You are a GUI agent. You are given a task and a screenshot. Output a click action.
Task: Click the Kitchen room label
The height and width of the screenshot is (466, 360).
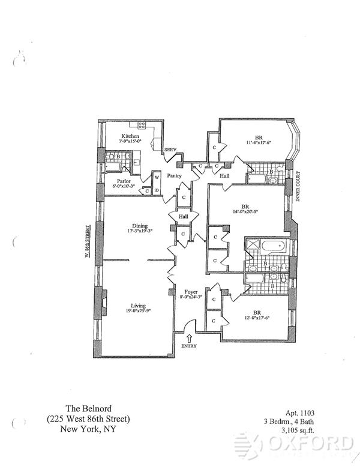coord(131,136)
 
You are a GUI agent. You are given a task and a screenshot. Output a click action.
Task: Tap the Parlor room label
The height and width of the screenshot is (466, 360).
coord(124,180)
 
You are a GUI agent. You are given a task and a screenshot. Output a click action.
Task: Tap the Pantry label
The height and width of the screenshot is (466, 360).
coord(175,176)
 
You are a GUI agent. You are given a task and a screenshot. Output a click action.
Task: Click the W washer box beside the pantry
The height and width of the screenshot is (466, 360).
coord(157,178)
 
